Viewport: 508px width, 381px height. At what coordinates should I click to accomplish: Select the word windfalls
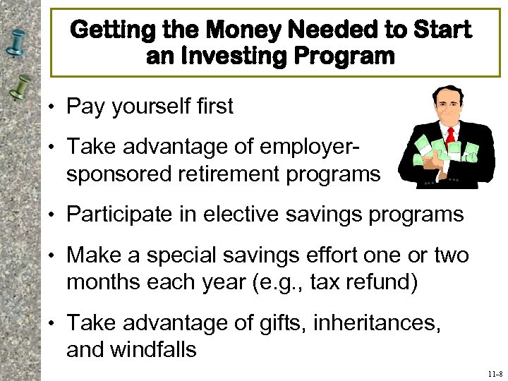tap(155, 350)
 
